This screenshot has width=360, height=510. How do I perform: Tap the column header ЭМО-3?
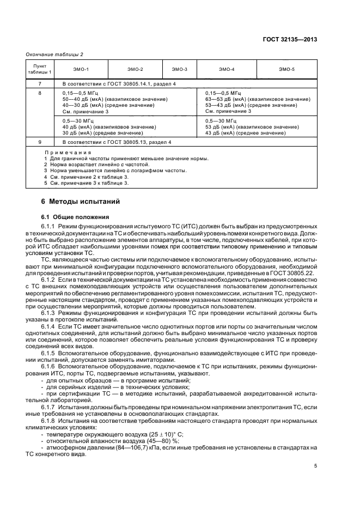click(180, 69)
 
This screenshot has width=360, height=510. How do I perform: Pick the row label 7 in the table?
click(39, 83)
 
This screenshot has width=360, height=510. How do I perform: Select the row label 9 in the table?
click(39, 142)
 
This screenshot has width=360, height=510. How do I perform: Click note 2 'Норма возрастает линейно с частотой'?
click(98, 164)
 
